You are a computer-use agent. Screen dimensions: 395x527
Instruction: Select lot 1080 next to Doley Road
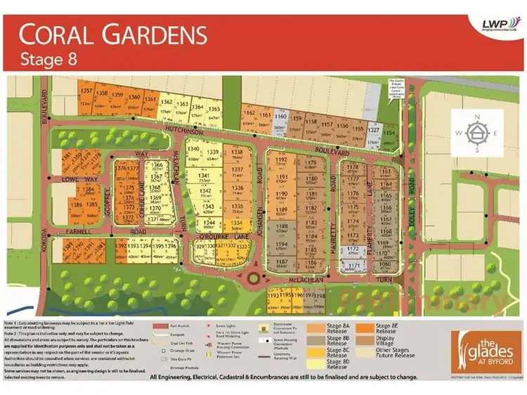click(384, 265)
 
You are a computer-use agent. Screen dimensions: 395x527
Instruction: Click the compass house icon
click(476, 132)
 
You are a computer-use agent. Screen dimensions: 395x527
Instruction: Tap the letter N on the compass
click(476, 117)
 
